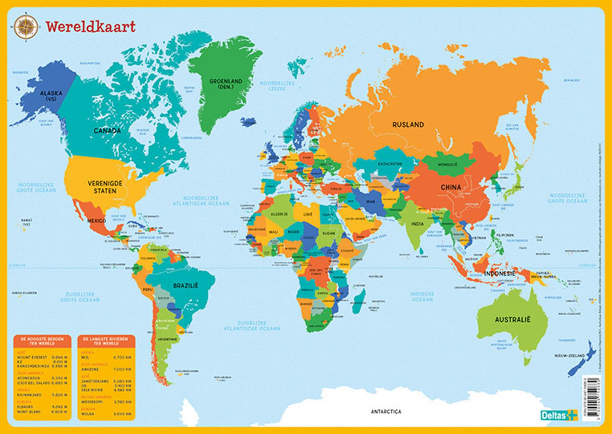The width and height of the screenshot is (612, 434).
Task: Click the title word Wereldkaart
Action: (90, 27)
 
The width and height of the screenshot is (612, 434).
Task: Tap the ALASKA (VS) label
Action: (48, 96)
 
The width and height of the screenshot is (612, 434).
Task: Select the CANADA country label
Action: (106, 131)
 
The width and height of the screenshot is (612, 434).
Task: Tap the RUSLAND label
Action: (408, 124)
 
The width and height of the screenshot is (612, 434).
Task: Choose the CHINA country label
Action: (450, 187)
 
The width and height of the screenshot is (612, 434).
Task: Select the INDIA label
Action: (417, 224)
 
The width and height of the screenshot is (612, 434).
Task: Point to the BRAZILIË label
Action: (186, 285)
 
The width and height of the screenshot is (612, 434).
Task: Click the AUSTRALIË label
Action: (513, 320)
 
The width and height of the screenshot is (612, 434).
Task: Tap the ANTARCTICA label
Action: (386, 411)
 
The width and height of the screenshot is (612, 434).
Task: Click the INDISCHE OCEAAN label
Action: (422, 297)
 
